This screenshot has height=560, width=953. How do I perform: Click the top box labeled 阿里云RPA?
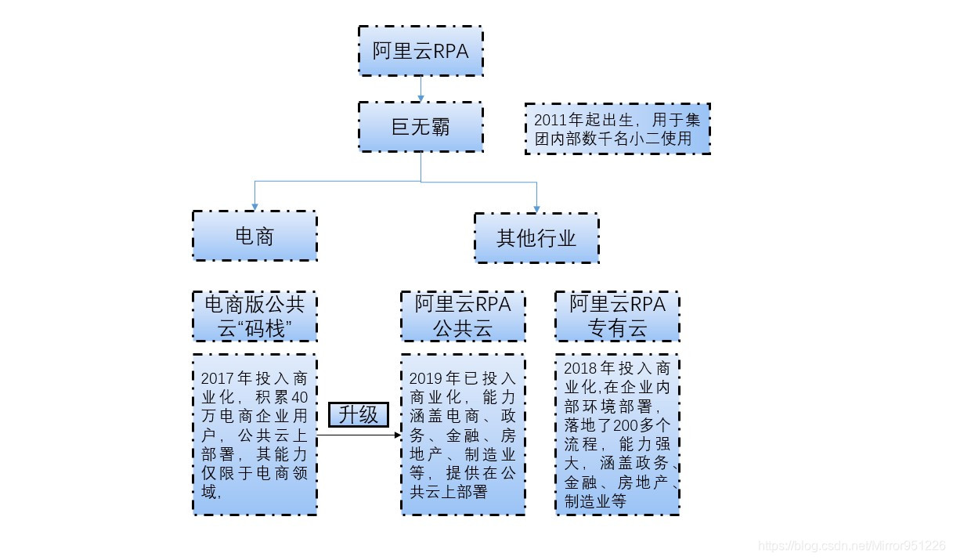(421, 51)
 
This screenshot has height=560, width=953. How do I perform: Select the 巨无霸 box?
(421, 126)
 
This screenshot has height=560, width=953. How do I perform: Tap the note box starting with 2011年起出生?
(617, 129)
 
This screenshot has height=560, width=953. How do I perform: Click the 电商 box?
(254, 236)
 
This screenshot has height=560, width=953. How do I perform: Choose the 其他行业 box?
(536, 238)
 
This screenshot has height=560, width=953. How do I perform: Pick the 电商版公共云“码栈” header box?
(254, 316)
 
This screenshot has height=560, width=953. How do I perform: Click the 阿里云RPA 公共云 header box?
(463, 316)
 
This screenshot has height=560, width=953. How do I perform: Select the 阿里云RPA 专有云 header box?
(617, 316)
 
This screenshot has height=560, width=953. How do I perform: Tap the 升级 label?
(359, 415)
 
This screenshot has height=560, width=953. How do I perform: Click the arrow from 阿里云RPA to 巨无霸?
(421, 89)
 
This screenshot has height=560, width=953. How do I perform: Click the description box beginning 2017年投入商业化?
(254, 435)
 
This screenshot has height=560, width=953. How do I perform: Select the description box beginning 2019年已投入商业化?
(463, 435)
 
